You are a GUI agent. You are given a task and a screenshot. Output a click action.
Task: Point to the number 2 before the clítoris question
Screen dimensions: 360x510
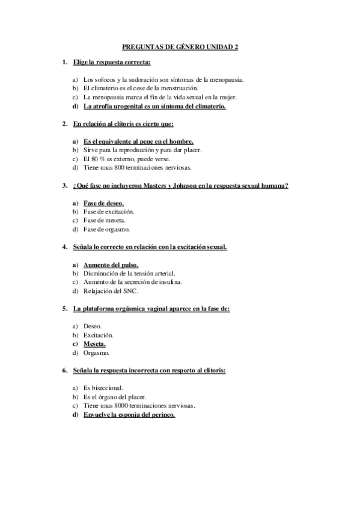tap(64, 124)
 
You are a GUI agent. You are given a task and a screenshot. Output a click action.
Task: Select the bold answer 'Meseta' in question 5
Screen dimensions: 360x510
tap(94, 344)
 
